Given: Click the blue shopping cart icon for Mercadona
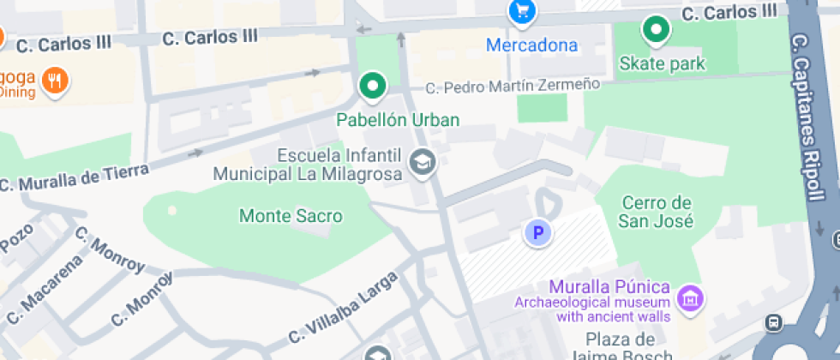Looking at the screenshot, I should (522, 11).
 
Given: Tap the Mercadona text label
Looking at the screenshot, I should (531, 45).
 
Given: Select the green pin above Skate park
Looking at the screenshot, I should (656, 31).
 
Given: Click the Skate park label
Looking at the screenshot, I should (662, 63).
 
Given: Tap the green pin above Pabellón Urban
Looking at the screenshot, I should (372, 86).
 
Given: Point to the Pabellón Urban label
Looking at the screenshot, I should (397, 120).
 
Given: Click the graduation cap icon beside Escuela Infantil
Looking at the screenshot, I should (421, 161).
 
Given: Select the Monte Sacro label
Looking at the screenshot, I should (291, 216).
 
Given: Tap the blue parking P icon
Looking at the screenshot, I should (537, 232).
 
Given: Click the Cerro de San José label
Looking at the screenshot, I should (657, 212).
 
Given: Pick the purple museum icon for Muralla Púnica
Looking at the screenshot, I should (689, 299).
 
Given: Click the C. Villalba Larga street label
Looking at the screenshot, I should (343, 306).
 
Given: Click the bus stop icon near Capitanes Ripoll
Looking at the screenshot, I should (775, 323).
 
